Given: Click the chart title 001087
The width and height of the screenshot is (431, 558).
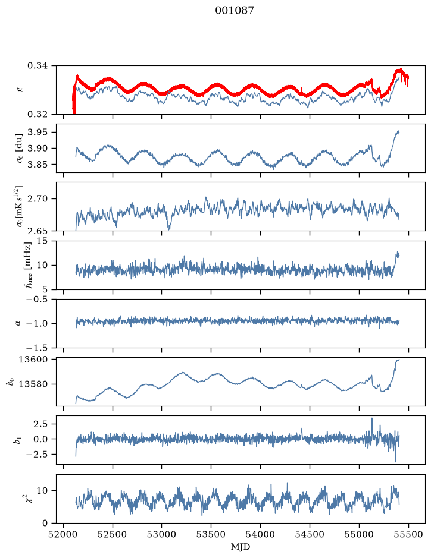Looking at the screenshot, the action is [x=235, y=11].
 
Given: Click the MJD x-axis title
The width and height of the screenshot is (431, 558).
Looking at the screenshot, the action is [x=241, y=547].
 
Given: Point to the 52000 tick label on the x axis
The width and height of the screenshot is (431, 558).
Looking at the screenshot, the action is [x=64, y=534].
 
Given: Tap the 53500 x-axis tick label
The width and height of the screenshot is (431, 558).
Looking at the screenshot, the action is [x=211, y=534].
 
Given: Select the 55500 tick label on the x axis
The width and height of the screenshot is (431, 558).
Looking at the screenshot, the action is [x=408, y=534].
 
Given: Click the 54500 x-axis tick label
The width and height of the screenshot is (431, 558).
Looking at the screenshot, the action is [x=310, y=534].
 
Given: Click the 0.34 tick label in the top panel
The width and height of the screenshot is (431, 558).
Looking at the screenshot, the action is [x=38, y=66].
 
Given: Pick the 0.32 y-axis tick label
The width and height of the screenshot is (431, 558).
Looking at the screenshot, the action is [x=38, y=114].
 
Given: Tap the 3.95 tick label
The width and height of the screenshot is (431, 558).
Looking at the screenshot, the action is [x=38, y=132].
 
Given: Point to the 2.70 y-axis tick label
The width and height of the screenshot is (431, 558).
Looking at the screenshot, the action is [x=38, y=198].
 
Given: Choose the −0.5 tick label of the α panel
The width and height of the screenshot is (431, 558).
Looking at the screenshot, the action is [x=35, y=299].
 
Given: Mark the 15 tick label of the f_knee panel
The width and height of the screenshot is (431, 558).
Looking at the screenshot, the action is [x=42, y=241].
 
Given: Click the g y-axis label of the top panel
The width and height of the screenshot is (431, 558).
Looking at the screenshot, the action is [x=21, y=90].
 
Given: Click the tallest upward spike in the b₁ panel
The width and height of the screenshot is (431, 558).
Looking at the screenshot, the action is [x=372, y=418].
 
